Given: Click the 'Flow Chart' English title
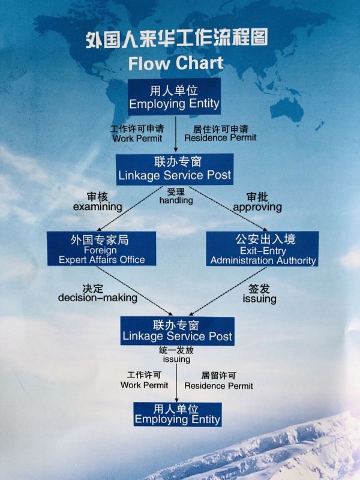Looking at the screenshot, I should coord(175,62).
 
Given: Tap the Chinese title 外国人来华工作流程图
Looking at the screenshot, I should coord(176,39).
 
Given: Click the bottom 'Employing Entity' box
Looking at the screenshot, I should coord(178,414).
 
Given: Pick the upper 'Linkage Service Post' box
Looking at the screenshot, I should coord(174,169).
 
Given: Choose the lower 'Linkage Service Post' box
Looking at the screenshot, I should coord(177,331).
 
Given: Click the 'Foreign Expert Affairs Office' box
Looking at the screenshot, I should coord(101,249).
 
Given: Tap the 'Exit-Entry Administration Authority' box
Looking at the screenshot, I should coord(263,249).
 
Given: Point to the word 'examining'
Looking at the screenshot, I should coord(97,207).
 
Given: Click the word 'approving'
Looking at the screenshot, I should coord(257,207).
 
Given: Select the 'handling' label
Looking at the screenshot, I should coord(176,200).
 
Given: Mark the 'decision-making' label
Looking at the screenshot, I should coord(98,298).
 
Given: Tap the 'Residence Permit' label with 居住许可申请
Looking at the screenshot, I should coord(220,138).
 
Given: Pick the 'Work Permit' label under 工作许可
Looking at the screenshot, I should coord(144,385).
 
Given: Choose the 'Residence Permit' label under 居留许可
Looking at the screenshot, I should coord(218,386).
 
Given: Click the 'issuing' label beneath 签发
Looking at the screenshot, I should coord(259,298).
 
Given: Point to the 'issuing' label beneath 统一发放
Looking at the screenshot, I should coord(176,359).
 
